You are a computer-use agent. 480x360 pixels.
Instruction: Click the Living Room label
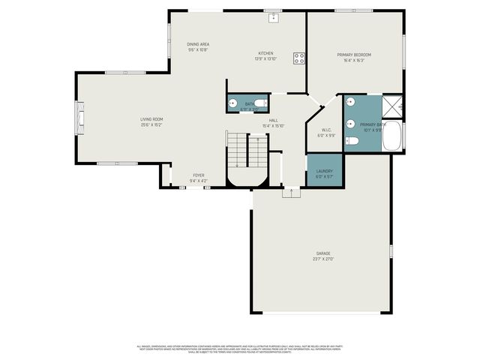tap(151, 119)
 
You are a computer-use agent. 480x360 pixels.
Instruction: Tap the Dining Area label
tap(198, 45)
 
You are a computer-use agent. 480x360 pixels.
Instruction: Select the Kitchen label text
tap(266, 53)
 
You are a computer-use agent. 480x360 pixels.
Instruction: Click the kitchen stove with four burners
tap(298, 57)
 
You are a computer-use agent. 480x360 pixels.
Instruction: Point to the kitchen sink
tap(274, 16)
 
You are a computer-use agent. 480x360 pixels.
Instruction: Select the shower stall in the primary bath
tap(392, 106)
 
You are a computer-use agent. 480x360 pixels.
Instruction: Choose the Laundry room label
tap(324, 171)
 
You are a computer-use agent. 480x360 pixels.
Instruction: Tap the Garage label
tap(322, 254)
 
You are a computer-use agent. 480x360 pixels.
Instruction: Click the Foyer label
tap(198, 175)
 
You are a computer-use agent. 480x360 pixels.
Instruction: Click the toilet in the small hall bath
tap(259, 103)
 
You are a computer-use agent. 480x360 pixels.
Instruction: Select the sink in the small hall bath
tap(233, 103)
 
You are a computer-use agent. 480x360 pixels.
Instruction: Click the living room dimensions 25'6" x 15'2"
tap(151, 124)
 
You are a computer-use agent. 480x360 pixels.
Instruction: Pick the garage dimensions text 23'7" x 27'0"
tap(322, 259)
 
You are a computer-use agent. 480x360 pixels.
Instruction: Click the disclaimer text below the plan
tap(240, 348)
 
